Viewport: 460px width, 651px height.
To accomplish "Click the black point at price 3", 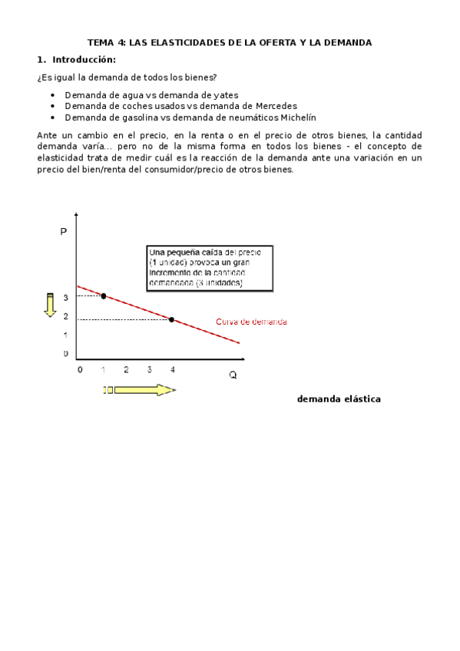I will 104,296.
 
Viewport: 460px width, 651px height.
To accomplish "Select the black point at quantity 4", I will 171,319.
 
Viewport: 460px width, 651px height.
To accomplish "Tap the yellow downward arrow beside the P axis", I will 50,304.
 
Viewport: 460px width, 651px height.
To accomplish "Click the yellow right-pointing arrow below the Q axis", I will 140,390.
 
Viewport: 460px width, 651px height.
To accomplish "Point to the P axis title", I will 63,231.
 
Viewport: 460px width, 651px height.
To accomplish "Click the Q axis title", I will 233,375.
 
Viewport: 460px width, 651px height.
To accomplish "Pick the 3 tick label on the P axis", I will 66,297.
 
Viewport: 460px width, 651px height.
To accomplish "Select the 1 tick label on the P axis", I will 66,335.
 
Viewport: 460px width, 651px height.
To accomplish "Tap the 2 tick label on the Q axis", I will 126,369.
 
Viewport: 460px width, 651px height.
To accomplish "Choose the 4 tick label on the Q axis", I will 172,369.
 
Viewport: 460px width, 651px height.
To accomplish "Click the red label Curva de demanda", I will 252,322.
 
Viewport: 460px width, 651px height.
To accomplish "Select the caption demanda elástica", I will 339,399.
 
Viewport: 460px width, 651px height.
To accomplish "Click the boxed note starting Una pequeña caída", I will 210,268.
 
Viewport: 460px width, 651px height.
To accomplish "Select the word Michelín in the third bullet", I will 298,117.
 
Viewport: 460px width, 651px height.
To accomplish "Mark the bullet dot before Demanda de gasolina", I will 52,117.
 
